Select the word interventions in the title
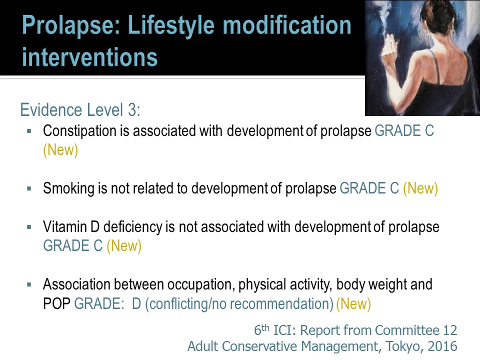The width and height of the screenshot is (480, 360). (x=89, y=57)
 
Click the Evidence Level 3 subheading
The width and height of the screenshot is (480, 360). (x=80, y=110)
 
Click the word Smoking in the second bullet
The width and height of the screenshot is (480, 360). (x=69, y=188)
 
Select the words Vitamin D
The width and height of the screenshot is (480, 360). (x=71, y=227)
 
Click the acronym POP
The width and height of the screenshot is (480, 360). (x=56, y=303)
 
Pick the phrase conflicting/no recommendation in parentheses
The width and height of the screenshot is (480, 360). (x=239, y=304)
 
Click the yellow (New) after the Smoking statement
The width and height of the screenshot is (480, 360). (x=420, y=188)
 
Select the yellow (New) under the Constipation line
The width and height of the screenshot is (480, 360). (x=60, y=150)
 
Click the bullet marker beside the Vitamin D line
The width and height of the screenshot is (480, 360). (x=29, y=227)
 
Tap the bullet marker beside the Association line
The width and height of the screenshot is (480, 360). (x=29, y=285)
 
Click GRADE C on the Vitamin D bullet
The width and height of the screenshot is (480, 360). (x=73, y=246)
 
